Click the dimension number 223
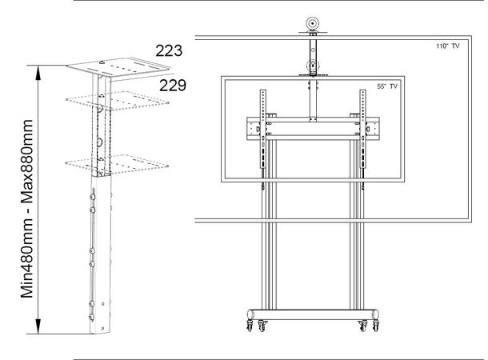click(x=169, y=51)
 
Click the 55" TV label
click(x=388, y=86)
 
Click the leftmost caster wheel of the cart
click(x=247, y=326)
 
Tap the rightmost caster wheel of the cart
click(x=374, y=326)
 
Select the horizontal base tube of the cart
click(x=312, y=312)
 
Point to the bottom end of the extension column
click(x=99, y=330)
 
